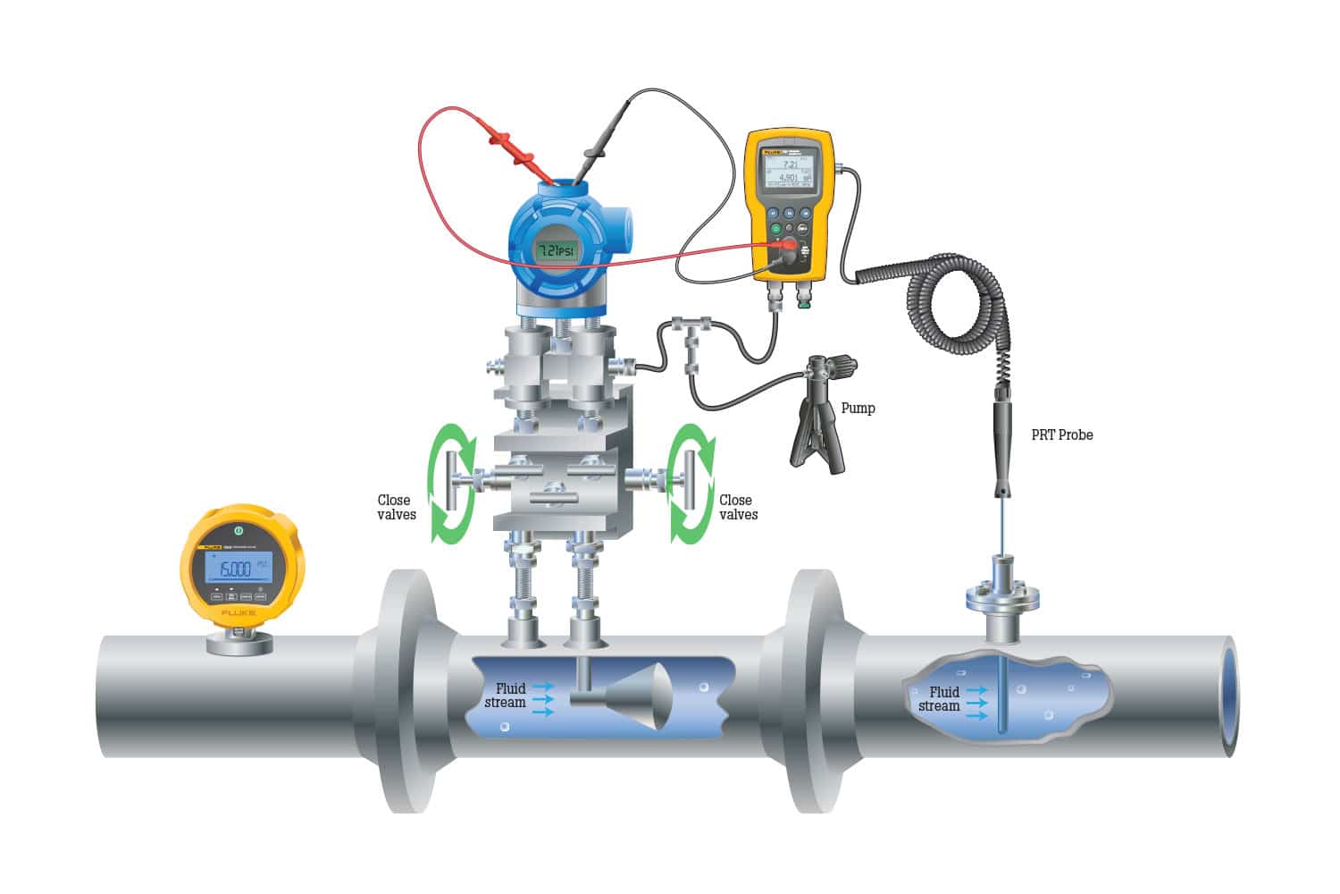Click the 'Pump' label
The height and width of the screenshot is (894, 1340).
pos(858,409)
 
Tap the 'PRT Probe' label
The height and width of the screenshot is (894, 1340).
pos(1061,435)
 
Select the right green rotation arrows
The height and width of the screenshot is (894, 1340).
pos(692,483)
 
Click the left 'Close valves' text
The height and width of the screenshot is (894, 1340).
pos(396,508)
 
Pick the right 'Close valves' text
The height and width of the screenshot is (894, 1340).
pos(738,508)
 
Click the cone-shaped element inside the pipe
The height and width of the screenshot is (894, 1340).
pos(641,695)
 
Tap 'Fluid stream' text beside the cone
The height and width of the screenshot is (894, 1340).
pos(507,696)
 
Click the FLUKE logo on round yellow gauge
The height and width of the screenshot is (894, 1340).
pos(239,613)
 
